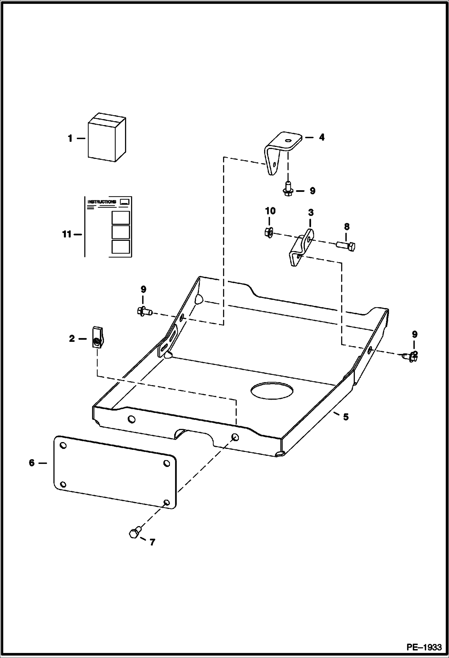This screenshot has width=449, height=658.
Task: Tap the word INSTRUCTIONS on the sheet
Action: click(x=102, y=202)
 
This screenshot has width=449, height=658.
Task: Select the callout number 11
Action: click(x=67, y=234)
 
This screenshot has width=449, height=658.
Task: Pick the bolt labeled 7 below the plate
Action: click(x=135, y=532)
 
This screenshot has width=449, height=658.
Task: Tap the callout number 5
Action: click(x=346, y=417)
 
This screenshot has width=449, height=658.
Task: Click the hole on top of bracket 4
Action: click(x=288, y=140)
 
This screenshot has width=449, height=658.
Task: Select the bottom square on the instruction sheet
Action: click(x=120, y=247)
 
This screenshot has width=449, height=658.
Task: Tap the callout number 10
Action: click(x=270, y=211)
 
